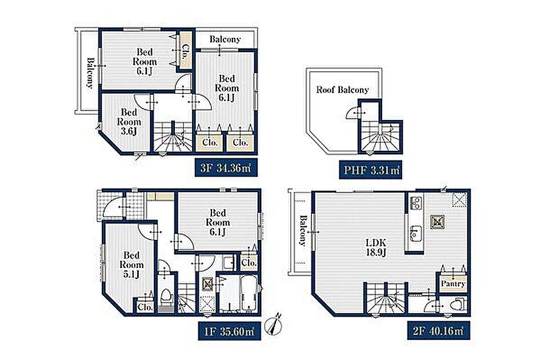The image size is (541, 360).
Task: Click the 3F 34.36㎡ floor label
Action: pyautogui.click(x=226, y=168)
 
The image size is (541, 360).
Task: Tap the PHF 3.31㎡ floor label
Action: pyautogui.click(x=371, y=170)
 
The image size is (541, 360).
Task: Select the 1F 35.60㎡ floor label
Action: pyautogui.click(x=230, y=331)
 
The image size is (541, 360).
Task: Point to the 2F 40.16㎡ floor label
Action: pyautogui.click(x=439, y=331)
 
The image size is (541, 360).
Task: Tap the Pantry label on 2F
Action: pyautogui.click(x=453, y=284)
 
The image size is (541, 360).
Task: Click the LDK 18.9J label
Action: pyautogui.click(x=376, y=247)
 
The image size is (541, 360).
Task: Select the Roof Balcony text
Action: pyautogui.click(x=342, y=90)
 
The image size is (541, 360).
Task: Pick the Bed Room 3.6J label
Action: pyautogui.click(x=129, y=122)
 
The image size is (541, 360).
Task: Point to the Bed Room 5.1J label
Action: pyautogui.click(x=131, y=265)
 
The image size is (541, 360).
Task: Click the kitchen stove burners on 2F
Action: pyautogui.click(x=416, y=203)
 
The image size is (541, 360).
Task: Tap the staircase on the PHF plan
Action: pyautogui.click(x=380, y=137)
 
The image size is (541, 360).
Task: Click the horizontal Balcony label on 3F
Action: pyautogui.click(x=225, y=39)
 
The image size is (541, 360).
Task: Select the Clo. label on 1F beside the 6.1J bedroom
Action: pyautogui.click(x=249, y=263)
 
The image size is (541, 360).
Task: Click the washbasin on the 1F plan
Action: pyautogui.click(x=229, y=263)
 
